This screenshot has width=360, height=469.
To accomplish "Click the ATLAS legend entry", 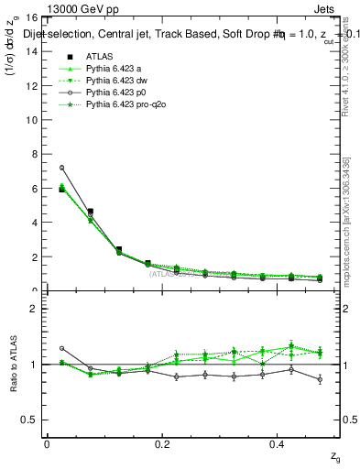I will tap(100, 57).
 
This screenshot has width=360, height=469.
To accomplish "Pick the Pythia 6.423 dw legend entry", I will tap(115, 82).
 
